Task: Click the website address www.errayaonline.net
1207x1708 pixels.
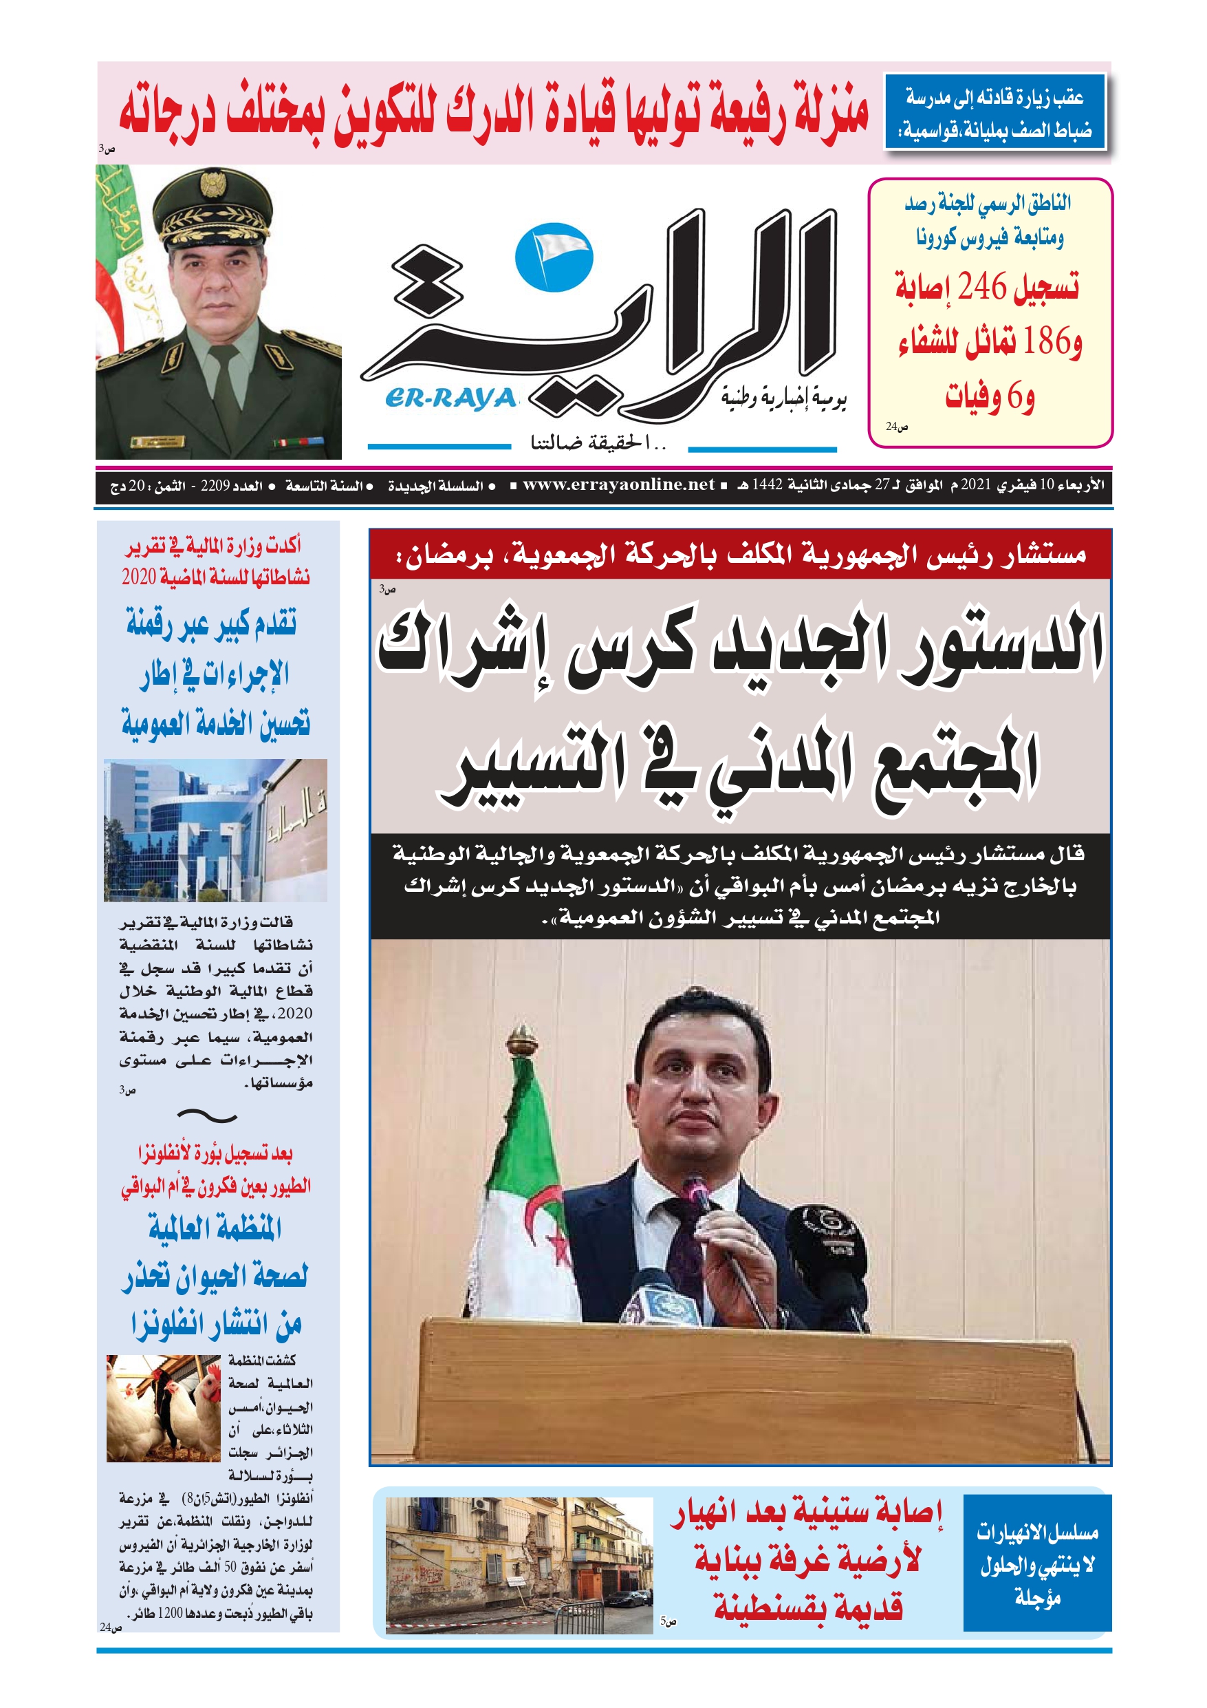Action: [618, 485]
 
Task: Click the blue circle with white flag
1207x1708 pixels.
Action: [554, 257]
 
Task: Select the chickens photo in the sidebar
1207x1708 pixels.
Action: [163, 1408]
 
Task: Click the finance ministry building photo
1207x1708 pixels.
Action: [215, 829]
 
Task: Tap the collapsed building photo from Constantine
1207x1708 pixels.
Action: [519, 1565]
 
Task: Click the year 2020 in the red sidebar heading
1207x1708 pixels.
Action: [138, 577]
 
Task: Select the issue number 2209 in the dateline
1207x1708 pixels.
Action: [215, 486]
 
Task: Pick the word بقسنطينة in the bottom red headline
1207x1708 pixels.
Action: [807, 1608]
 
